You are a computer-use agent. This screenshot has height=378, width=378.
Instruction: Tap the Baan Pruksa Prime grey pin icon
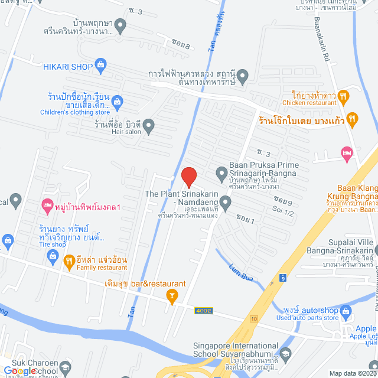[221, 174]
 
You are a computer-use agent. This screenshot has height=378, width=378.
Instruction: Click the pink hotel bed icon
[347, 154]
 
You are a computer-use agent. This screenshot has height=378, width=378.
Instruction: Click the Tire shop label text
[52, 245]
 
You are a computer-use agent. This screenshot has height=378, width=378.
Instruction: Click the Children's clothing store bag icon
[118, 102]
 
